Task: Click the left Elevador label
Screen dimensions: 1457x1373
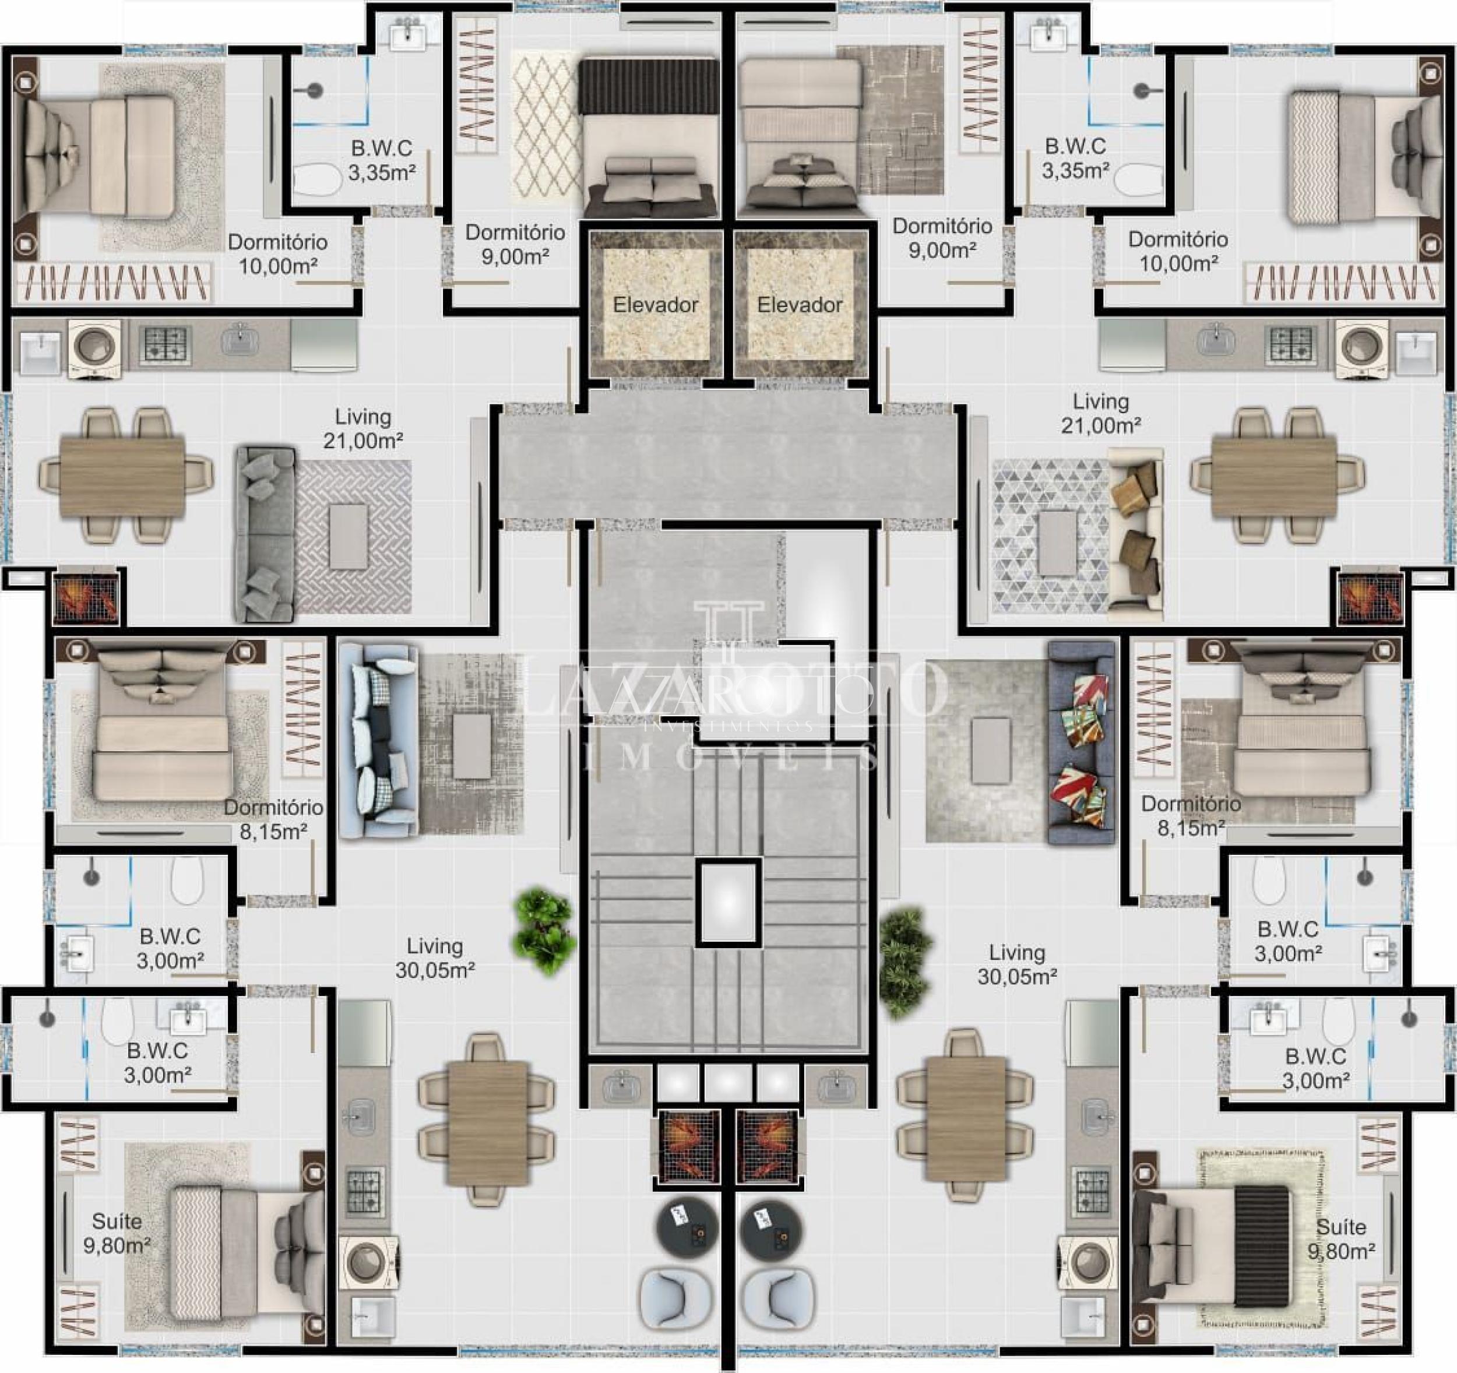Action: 655,304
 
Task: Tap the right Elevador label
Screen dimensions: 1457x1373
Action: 800,304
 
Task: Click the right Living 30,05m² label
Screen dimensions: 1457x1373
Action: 1016,964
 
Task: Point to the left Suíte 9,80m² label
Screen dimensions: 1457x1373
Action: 117,1233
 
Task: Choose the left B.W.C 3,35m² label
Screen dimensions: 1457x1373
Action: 381,160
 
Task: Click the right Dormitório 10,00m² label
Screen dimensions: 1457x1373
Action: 1178,251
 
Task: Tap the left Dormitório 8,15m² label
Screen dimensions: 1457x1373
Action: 273,819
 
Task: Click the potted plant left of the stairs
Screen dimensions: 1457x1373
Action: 544,932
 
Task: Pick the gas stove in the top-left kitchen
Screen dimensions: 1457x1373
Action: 165,344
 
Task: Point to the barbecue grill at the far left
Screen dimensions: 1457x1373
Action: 86,597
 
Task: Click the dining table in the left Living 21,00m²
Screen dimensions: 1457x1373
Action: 122,477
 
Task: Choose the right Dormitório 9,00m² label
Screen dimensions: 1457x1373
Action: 942,238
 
